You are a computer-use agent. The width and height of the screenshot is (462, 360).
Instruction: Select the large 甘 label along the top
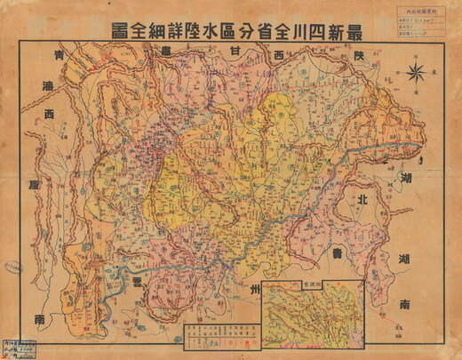pyautogui.click(x=234, y=53)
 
